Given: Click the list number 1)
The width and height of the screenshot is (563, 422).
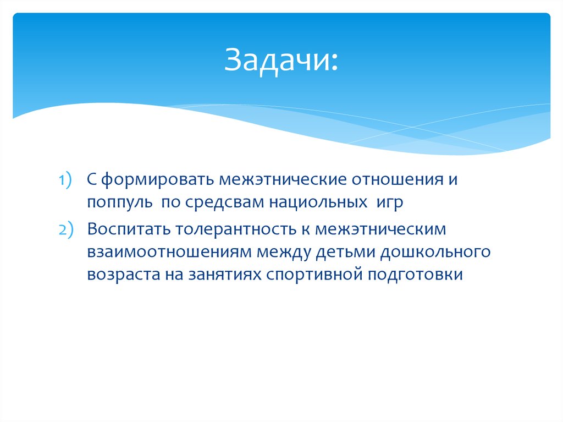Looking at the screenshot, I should pos(66,180).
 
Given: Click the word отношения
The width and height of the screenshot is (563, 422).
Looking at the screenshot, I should pos(397,180).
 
